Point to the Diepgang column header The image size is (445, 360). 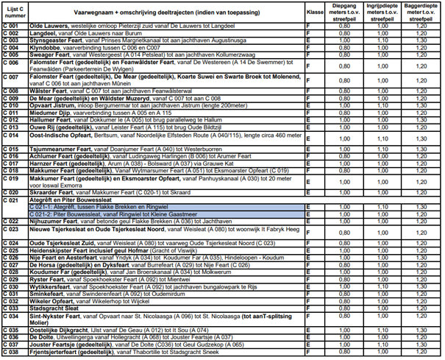pyautogui.click(x=340, y=12)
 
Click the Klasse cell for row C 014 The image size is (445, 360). pyautogui.click(x=310, y=138)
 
